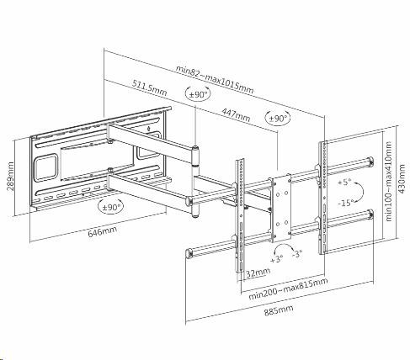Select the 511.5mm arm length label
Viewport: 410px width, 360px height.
pos(150,87)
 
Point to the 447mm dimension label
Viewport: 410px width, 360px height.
pos(236,114)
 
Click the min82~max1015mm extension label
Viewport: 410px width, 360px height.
pos(215,79)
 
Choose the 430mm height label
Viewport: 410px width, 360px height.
pos(402,178)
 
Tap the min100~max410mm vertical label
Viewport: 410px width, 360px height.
pos(388,181)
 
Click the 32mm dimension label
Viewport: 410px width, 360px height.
pos(258,273)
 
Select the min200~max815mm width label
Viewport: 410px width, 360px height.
pos(288,289)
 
